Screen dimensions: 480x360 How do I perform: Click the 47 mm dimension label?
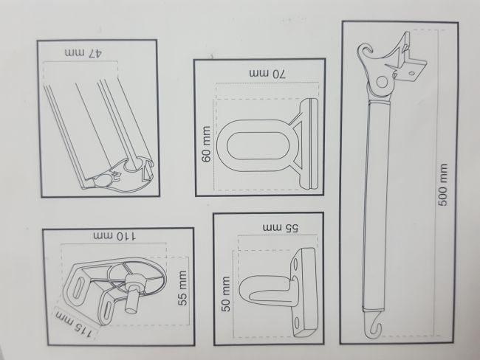[x=83, y=53]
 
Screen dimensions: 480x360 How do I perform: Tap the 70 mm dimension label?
[x=267, y=74]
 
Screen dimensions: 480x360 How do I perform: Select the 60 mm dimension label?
[x=206, y=144]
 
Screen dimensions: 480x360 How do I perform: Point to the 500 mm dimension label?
[x=443, y=184]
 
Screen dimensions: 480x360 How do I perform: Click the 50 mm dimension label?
[x=225, y=294]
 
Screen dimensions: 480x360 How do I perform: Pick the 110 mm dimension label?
[x=115, y=236]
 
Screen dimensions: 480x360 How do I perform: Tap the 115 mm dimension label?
[x=75, y=325]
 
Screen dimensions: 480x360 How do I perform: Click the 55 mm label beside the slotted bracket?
[x=182, y=288]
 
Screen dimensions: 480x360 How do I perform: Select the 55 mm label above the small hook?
[x=281, y=228]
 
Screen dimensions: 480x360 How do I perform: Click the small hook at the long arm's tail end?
[x=373, y=324]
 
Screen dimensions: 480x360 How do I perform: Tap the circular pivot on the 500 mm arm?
[x=382, y=82]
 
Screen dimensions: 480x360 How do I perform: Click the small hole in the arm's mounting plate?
[x=412, y=74]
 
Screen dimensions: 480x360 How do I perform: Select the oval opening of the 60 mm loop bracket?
[x=258, y=146]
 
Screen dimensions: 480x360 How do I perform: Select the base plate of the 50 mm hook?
[x=304, y=293]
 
